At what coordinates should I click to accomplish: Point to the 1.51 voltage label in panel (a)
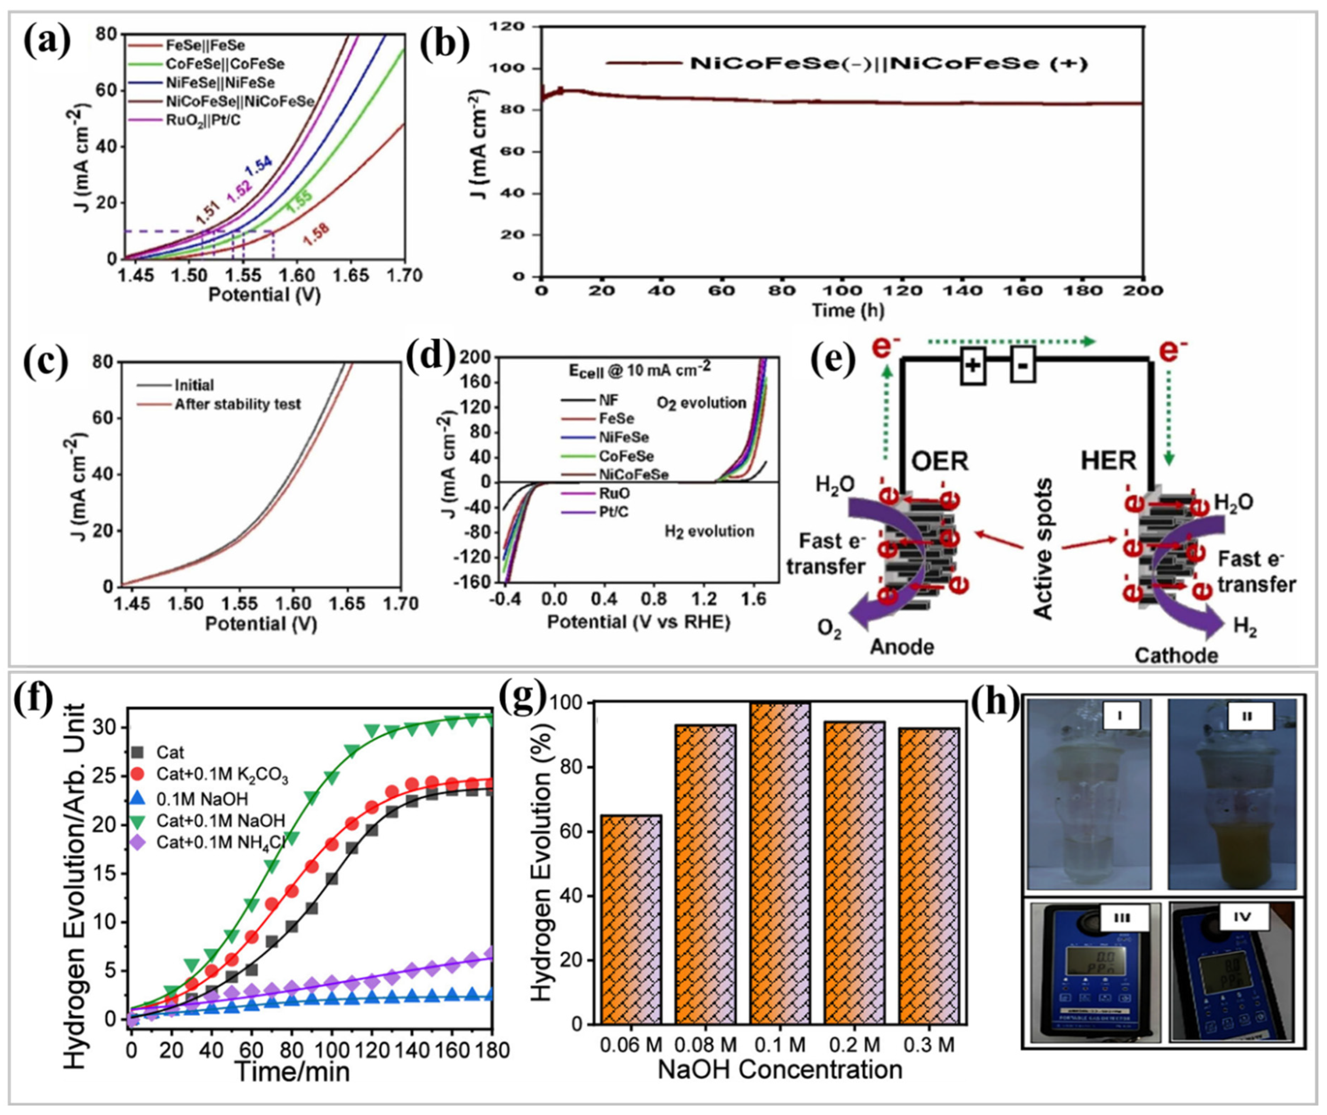207,215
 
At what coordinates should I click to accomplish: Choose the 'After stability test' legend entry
237,404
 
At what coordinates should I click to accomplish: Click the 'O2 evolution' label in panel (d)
701,403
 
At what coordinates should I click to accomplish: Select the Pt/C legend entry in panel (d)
613,512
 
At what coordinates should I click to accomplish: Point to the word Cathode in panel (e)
1176,655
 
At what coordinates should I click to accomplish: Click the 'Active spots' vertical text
1044,549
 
